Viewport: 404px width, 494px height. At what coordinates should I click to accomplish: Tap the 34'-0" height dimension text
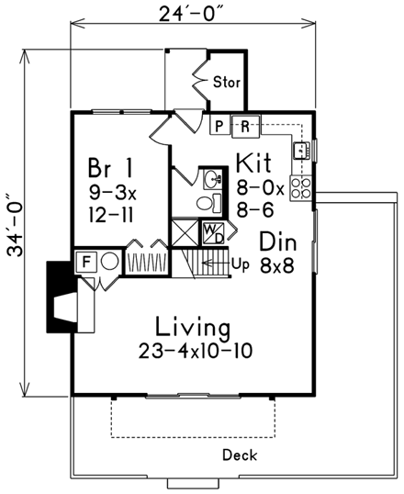click(x=15, y=225)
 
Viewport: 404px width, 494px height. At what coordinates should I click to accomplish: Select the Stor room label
click(x=227, y=83)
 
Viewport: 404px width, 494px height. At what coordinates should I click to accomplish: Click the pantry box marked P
click(x=219, y=126)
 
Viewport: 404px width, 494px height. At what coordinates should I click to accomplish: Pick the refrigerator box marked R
click(x=246, y=127)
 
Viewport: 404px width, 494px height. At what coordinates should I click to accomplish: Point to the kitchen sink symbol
click(x=301, y=151)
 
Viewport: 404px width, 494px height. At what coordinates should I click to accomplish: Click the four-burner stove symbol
click(x=301, y=188)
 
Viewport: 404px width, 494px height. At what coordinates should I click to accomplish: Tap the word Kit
click(x=253, y=163)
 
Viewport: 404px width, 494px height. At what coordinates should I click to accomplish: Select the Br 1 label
click(x=110, y=168)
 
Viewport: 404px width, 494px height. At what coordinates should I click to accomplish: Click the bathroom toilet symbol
click(x=209, y=203)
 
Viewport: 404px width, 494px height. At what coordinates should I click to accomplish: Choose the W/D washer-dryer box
click(x=213, y=233)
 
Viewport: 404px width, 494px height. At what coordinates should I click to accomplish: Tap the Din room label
click(x=278, y=241)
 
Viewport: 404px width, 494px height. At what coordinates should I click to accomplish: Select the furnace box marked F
click(x=85, y=262)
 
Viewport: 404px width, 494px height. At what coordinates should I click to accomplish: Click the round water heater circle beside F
click(x=109, y=261)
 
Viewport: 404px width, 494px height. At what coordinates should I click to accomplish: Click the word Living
click(x=193, y=328)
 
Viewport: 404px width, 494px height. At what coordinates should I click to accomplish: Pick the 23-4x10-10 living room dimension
click(x=196, y=351)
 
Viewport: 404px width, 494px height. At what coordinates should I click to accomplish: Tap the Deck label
click(x=240, y=455)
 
